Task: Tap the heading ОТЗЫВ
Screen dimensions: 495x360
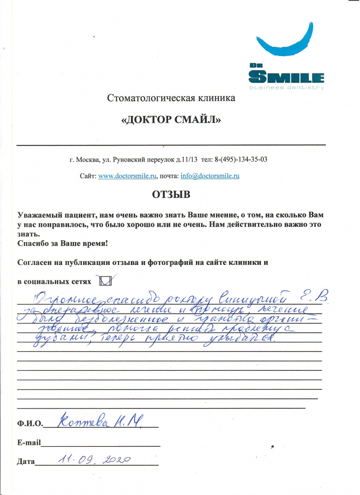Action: (171, 195)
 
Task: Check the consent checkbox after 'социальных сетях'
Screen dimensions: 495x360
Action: (105, 281)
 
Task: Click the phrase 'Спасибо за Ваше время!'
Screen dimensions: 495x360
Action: (62, 244)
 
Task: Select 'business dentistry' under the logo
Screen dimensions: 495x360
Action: (285, 87)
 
